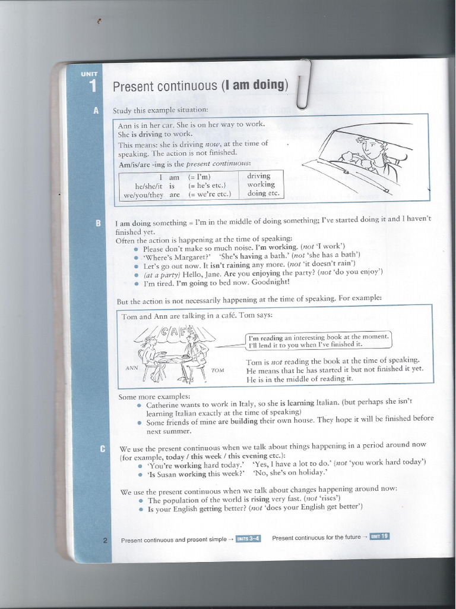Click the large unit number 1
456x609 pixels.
[93, 86]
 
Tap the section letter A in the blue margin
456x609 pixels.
[96, 111]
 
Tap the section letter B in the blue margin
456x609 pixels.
[98, 223]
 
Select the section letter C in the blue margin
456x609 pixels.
[102, 448]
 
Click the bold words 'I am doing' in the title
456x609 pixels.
[254, 85]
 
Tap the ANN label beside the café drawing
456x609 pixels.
[132, 368]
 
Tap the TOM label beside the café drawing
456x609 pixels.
[217, 370]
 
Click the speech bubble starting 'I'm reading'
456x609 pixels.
[318, 340]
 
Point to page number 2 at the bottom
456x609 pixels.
[105, 540]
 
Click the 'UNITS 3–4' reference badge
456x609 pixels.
[248, 539]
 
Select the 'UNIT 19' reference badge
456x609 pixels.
[379, 536]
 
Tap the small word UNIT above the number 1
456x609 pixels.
[90, 73]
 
